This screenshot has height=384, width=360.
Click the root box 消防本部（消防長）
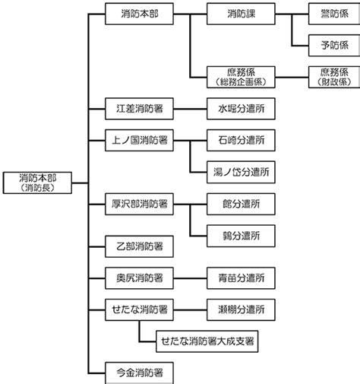(x=37, y=182)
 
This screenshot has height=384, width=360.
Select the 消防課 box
(x=241, y=14)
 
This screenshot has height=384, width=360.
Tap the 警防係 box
(x=334, y=14)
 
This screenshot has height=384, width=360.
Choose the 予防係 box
(x=334, y=46)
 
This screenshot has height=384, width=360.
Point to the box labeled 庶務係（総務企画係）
(x=241, y=77)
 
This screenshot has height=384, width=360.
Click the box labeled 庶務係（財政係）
(x=334, y=77)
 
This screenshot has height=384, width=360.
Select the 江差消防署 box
(x=139, y=109)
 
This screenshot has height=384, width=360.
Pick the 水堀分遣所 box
(x=241, y=109)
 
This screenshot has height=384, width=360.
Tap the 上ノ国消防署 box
(x=139, y=141)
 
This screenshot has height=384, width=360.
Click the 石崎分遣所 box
(x=241, y=141)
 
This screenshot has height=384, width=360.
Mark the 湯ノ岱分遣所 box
(x=241, y=172)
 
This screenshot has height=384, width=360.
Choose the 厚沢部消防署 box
(x=139, y=204)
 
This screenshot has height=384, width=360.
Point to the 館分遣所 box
(x=241, y=204)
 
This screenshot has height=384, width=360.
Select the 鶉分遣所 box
(x=241, y=236)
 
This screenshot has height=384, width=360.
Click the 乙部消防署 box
(x=139, y=246)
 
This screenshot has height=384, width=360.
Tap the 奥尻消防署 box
(x=139, y=278)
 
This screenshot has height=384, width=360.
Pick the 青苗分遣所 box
(x=241, y=278)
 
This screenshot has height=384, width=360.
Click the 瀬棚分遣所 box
(x=241, y=309)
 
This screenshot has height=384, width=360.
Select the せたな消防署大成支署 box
(x=207, y=341)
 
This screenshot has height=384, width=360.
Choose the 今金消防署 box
(x=139, y=373)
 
